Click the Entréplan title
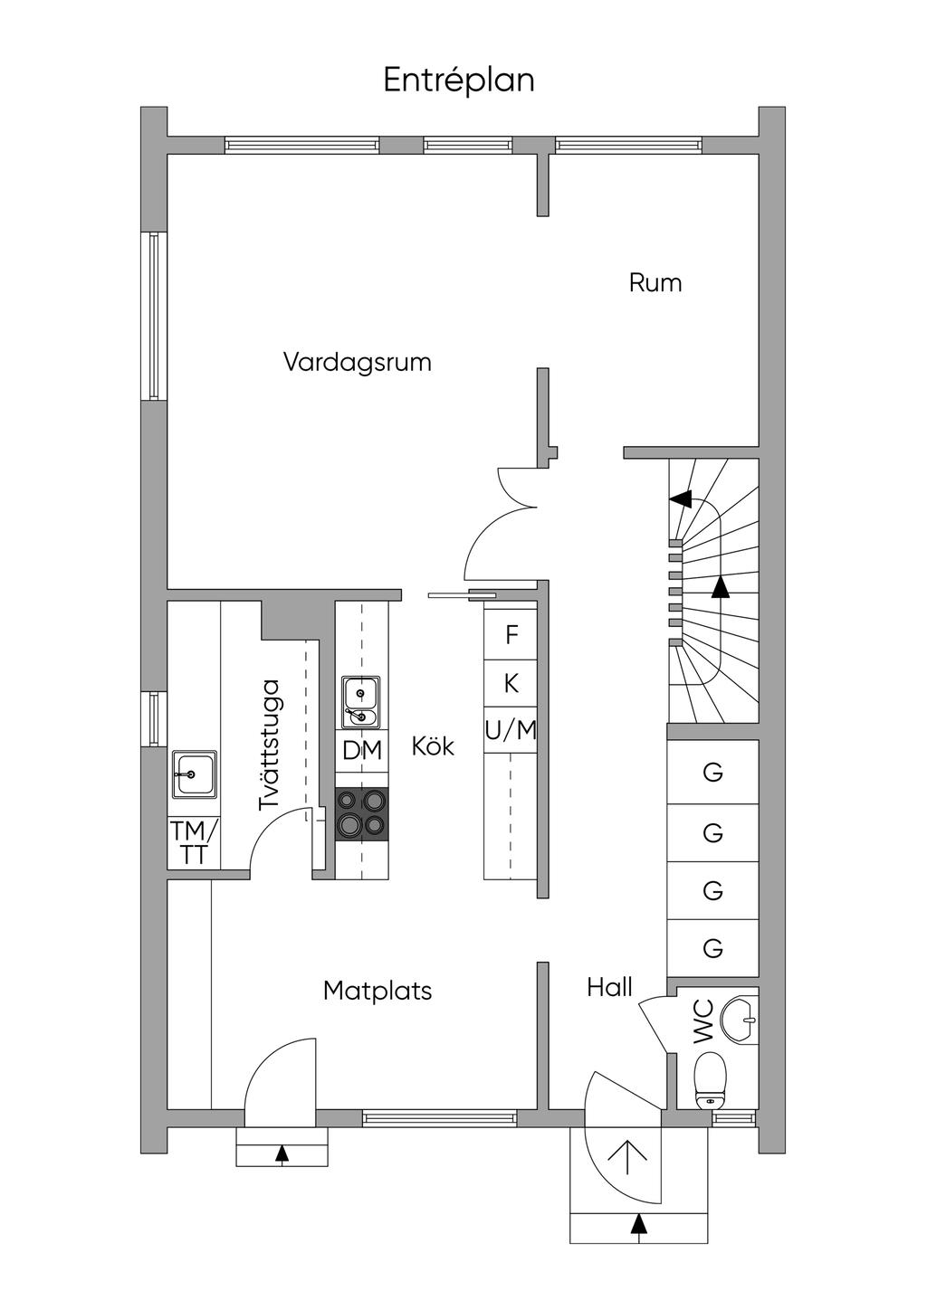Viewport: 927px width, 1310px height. (x=459, y=81)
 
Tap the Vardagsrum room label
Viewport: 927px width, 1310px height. (x=357, y=363)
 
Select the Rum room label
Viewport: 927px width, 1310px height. (x=655, y=283)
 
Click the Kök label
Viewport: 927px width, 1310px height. (x=433, y=747)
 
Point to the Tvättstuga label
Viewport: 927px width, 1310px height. (x=271, y=745)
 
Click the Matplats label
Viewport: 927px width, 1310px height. (x=377, y=992)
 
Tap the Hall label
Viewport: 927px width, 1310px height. (x=609, y=987)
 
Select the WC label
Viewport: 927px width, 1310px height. (x=704, y=1022)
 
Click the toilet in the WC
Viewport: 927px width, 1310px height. (x=711, y=1079)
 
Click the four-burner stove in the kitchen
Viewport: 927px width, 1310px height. (x=362, y=813)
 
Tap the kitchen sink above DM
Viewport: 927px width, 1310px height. (x=361, y=702)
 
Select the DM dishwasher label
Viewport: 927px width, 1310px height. (x=362, y=750)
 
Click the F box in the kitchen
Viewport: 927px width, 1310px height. (x=511, y=635)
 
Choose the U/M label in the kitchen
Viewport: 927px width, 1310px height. (x=511, y=729)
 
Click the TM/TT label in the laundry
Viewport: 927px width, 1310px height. (x=194, y=843)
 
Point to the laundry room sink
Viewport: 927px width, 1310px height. (x=195, y=774)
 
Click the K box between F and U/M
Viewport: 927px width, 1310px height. (x=511, y=683)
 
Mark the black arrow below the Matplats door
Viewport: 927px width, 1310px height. (x=282, y=1153)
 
